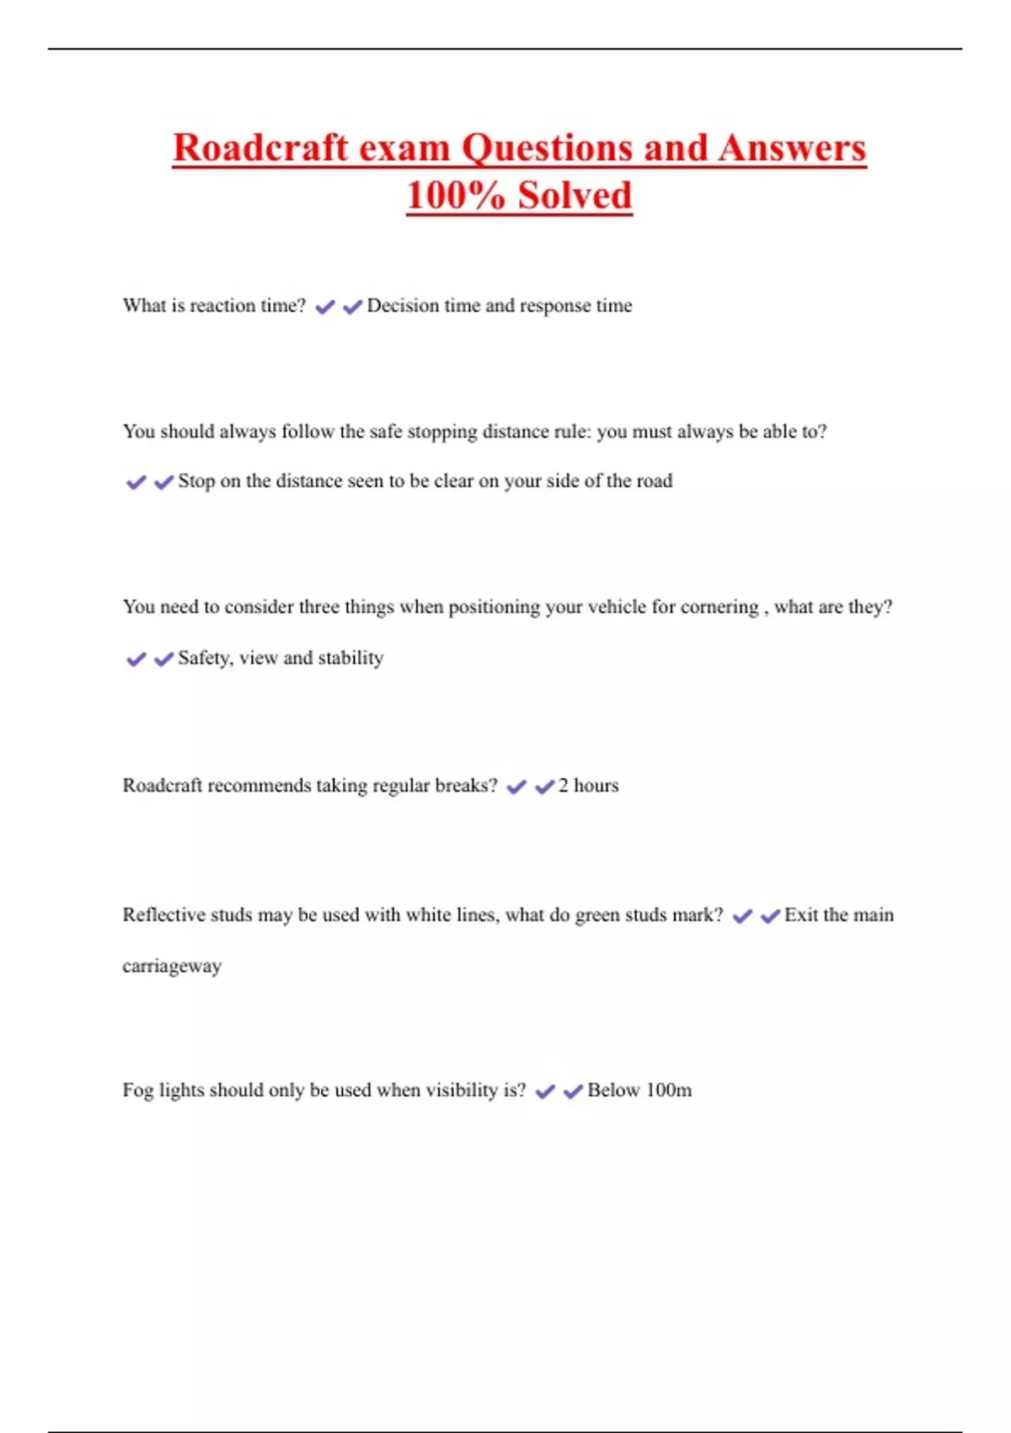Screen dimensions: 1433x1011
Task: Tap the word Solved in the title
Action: coord(575,196)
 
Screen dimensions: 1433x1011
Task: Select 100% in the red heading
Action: coord(455,196)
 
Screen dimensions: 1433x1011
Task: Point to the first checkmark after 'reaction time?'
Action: coord(324,308)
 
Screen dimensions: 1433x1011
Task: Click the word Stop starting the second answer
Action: coord(196,481)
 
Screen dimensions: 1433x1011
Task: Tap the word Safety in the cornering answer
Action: coord(205,658)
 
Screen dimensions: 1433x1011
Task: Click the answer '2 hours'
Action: coord(588,786)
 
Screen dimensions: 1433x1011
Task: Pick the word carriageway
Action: coord(172,966)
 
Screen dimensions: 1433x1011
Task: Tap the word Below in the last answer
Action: coord(613,1091)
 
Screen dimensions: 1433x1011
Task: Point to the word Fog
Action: coord(138,1091)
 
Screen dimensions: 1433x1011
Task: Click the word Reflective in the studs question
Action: coord(163,915)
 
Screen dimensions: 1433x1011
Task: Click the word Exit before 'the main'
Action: coord(800,915)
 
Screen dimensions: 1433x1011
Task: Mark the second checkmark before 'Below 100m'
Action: coord(573,1092)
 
